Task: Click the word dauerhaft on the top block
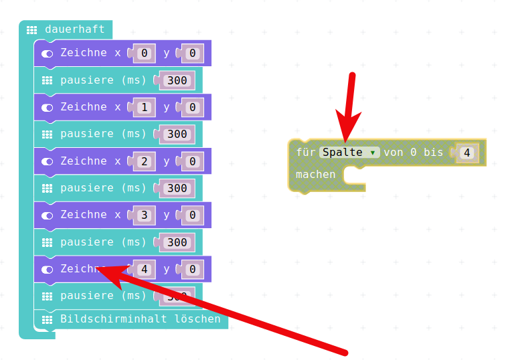74,29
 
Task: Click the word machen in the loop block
315,175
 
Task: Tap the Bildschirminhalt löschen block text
140,319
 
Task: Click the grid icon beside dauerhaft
31,29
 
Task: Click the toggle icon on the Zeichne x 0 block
47,54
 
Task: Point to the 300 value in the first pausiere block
177,80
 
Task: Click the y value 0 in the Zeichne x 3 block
192,215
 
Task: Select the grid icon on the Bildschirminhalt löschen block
47,319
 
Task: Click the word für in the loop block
305,153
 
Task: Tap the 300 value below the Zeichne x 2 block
177,189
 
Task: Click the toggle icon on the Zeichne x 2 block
47,161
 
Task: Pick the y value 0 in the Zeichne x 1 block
192,107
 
